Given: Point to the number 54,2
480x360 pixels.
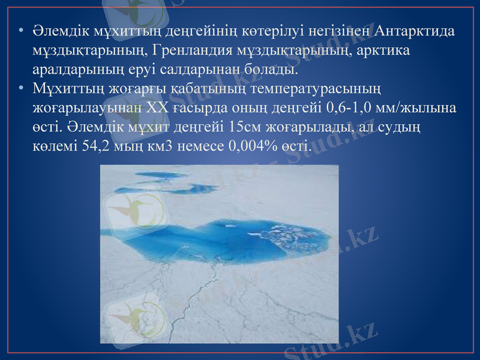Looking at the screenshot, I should (92, 146).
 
